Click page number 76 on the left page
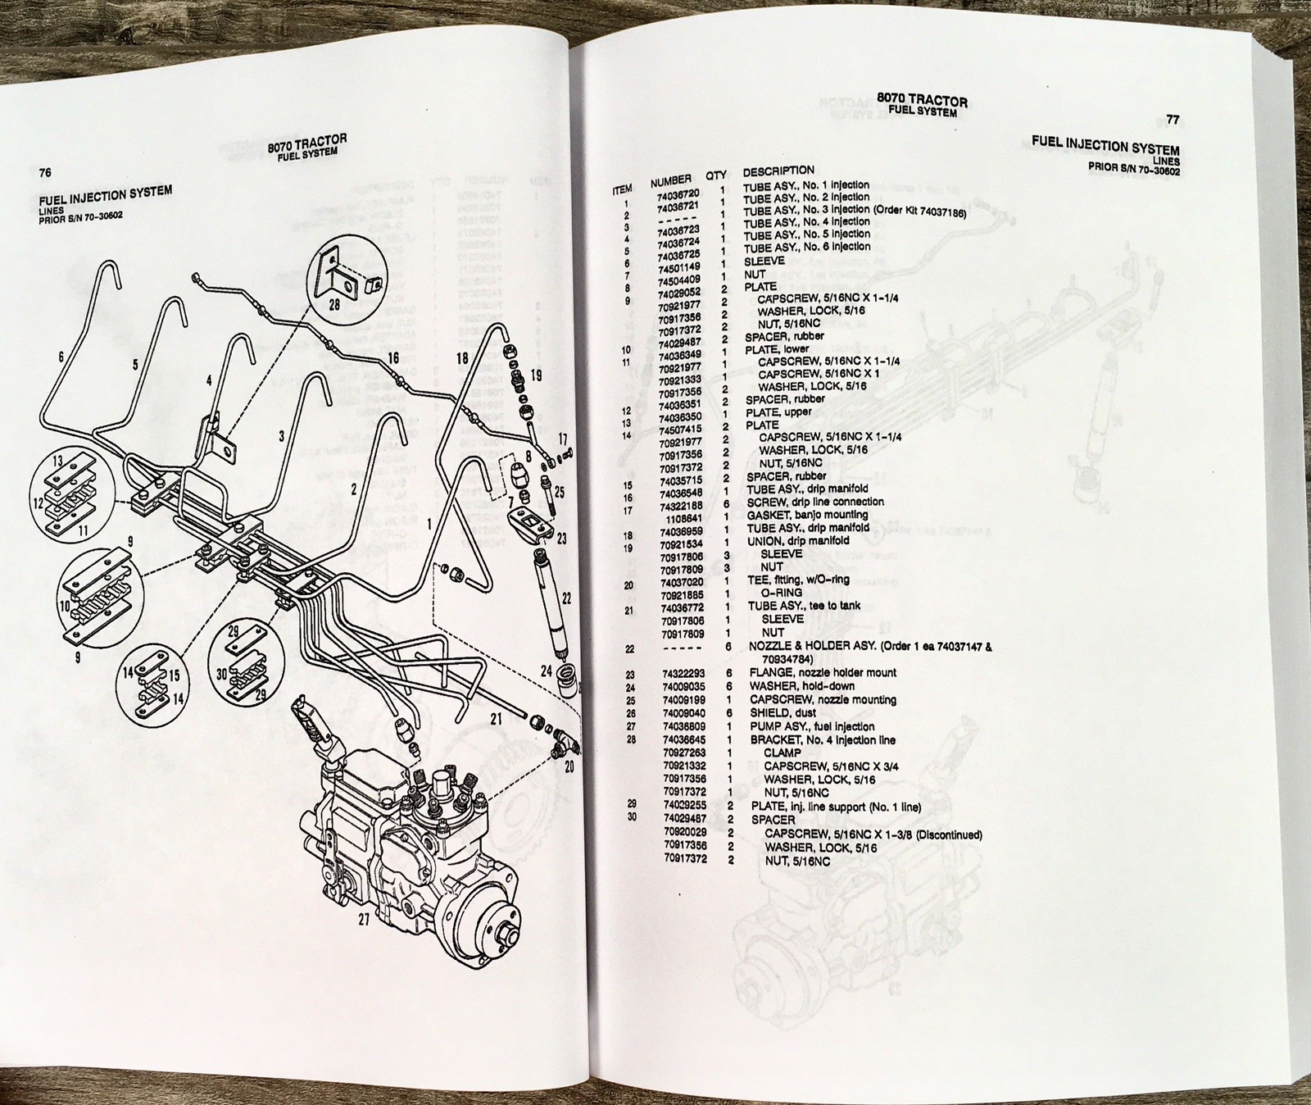pyautogui.click(x=45, y=172)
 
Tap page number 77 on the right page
pyautogui.click(x=1173, y=119)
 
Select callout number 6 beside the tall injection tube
pyautogui.click(x=61, y=357)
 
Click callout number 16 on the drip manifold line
pyautogui.click(x=393, y=357)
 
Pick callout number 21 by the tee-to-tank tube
pyautogui.click(x=496, y=720)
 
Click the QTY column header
pyautogui.click(x=716, y=175)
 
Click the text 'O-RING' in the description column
pyautogui.click(x=782, y=593)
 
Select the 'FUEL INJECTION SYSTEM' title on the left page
pyautogui.click(x=105, y=198)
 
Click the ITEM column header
pyautogui.click(x=622, y=189)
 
